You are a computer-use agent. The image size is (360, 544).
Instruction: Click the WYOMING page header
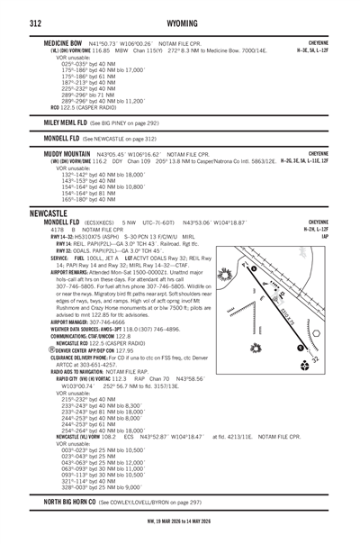pyautogui.click(x=180, y=14)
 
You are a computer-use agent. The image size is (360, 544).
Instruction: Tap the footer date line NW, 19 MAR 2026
pyautogui.click(x=180, y=534)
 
